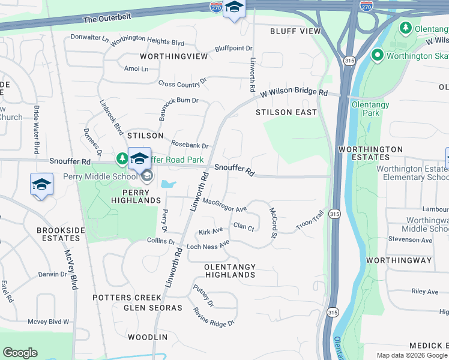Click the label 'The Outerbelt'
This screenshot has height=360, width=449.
[106, 19]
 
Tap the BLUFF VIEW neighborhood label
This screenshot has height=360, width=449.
[295, 31]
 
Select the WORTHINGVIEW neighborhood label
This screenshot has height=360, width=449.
[173, 56]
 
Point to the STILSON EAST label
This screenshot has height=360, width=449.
[286, 112]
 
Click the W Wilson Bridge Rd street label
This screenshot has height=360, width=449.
[294, 94]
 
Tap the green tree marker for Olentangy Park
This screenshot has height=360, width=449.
[406, 28]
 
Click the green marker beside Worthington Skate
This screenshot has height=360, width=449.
[378, 56]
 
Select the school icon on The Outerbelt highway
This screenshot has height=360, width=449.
[234, 8]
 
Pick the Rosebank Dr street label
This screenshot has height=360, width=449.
[190, 145]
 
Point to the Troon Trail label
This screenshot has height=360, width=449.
[310, 221]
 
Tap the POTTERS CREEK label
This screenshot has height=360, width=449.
[127, 298]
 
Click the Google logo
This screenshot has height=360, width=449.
[20, 353]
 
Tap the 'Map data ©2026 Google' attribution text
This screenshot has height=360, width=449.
[411, 355]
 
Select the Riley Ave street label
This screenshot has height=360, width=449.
[425, 292]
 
